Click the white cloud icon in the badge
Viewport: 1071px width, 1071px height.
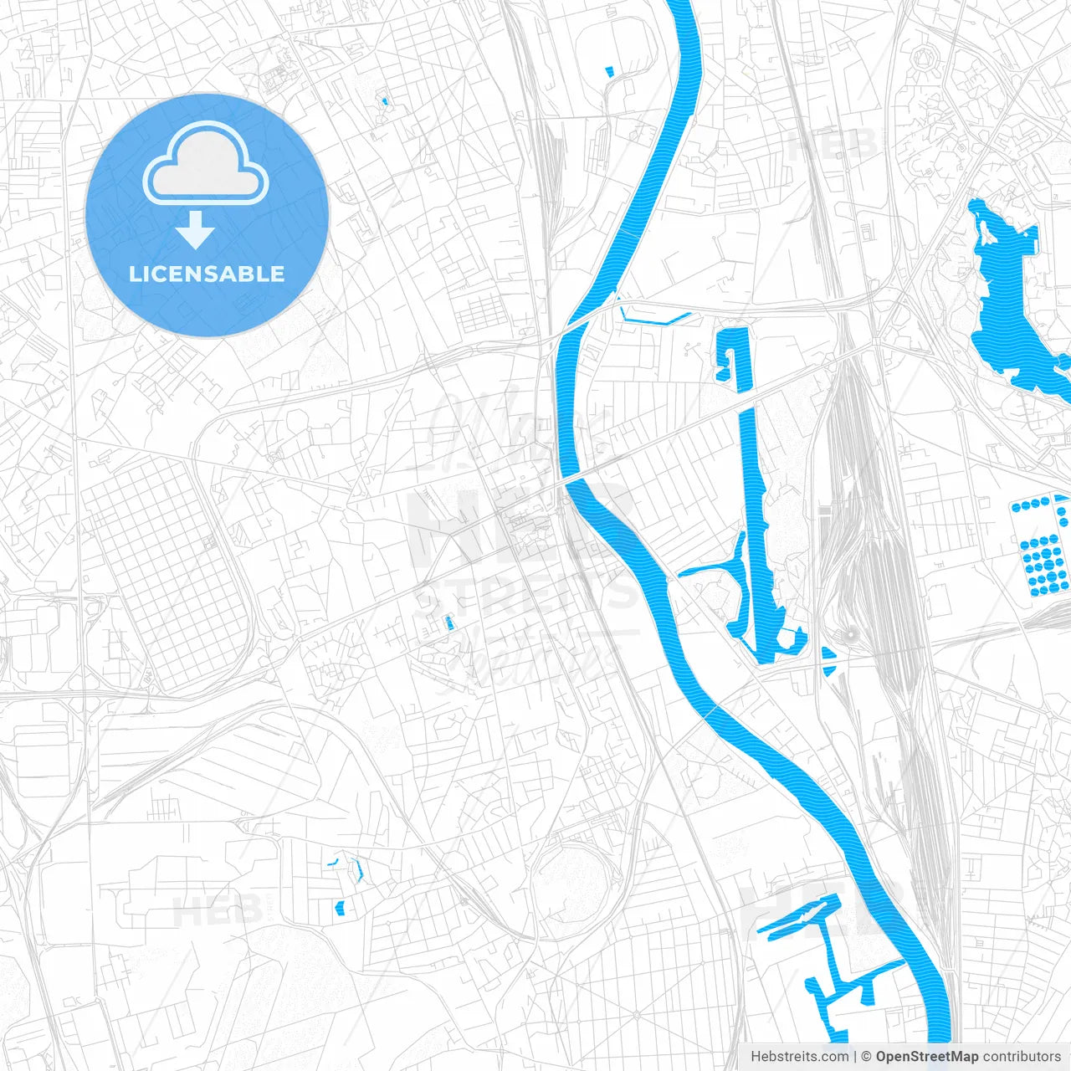click(x=206, y=164)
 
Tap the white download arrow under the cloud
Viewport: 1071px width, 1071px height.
click(x=195, y=230)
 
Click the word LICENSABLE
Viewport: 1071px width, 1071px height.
click(x=207, y=274)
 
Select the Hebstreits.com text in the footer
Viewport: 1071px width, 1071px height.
click(x=799, y=1057)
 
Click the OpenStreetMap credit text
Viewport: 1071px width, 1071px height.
click(x=926, y=1057)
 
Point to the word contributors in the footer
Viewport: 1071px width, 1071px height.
click(x=1022, y=1057)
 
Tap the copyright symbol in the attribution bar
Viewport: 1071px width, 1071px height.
click(x=867, y=1057)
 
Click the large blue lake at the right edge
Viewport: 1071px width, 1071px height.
click(x=1012, y=301)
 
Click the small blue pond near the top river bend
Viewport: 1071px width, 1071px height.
click(x=609, y=72)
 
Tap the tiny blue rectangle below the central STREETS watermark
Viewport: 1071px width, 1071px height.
click(x=448, y=623)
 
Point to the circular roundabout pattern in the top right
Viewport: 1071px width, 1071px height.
click(x=925, y=57)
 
